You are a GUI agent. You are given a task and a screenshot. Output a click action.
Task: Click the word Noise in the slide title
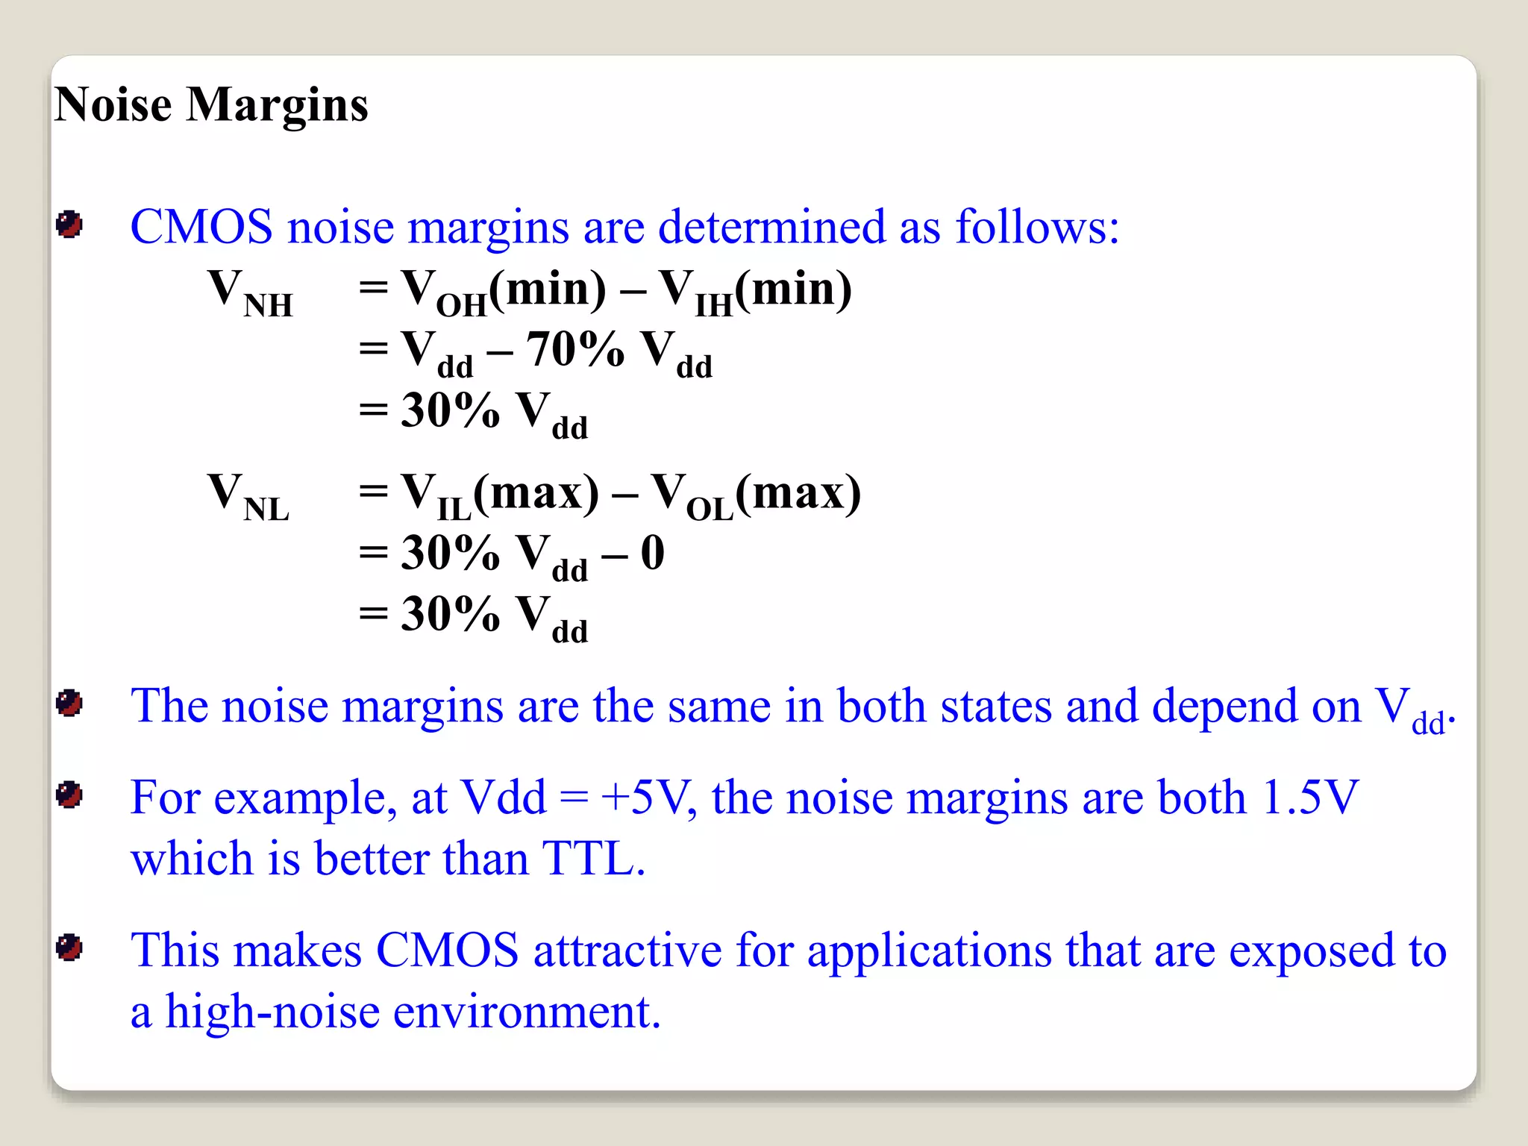tap(113, 104)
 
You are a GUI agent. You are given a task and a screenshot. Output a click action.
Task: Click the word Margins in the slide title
tap(277, 105)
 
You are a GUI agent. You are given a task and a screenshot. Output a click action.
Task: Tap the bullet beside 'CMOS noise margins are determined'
tap(69, 225)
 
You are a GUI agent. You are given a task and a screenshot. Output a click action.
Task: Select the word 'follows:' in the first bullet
tap(1037, 226)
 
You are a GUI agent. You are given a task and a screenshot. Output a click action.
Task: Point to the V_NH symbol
tap(249, 292)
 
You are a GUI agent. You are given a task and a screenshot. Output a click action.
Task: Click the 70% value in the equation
tap(574, 348)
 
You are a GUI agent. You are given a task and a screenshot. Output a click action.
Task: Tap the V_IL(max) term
tap(499, 495)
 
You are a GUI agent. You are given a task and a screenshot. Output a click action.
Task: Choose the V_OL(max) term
tap(756, 495)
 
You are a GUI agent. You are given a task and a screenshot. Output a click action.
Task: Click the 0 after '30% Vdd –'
tap(652, 553)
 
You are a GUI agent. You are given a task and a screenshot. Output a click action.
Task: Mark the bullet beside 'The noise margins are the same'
tap(69, 703)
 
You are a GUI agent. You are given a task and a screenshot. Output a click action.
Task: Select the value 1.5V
tap(1309, 797)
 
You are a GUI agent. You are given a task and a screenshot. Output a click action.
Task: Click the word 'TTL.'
tap(593, 858)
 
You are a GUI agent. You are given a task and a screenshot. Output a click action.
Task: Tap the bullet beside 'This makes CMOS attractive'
tap(69, 948)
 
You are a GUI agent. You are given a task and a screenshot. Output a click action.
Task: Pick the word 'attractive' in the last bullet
tap(627, 951)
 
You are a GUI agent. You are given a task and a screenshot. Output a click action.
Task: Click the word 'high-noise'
tap(272, 1012)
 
